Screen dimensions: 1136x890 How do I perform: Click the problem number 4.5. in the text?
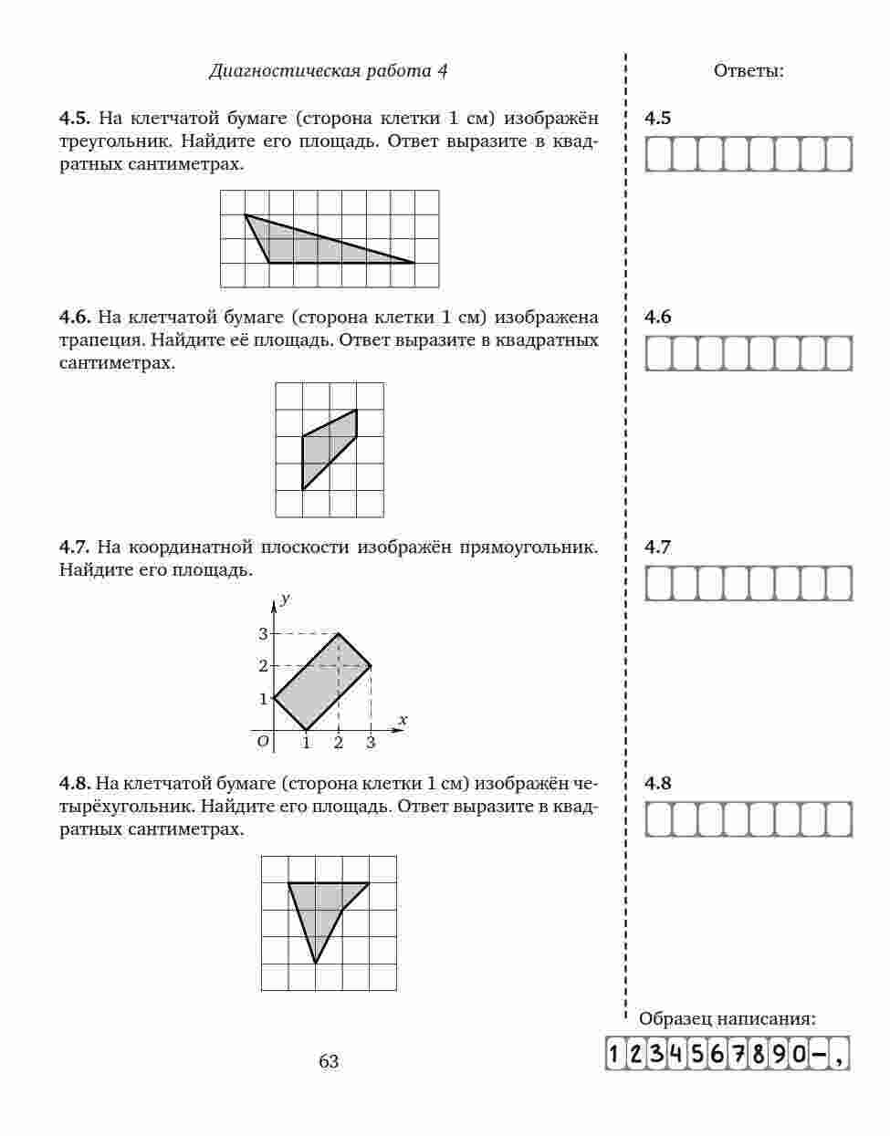75,119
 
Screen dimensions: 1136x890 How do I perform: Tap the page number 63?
329,1061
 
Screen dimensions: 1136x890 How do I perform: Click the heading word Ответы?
749,71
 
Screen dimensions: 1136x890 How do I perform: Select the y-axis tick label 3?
263,633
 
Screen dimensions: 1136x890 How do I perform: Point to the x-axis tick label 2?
339,744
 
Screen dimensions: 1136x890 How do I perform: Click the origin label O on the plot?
263,742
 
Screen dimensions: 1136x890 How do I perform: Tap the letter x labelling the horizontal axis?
403,720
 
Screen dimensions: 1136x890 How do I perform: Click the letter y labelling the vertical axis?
286,599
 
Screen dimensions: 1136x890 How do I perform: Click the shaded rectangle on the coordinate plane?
322,683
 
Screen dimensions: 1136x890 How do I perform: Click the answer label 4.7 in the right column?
657,547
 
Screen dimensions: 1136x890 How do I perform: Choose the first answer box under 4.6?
658,353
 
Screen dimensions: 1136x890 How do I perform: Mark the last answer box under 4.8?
838,819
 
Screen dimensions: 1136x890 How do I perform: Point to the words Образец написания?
728,1019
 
